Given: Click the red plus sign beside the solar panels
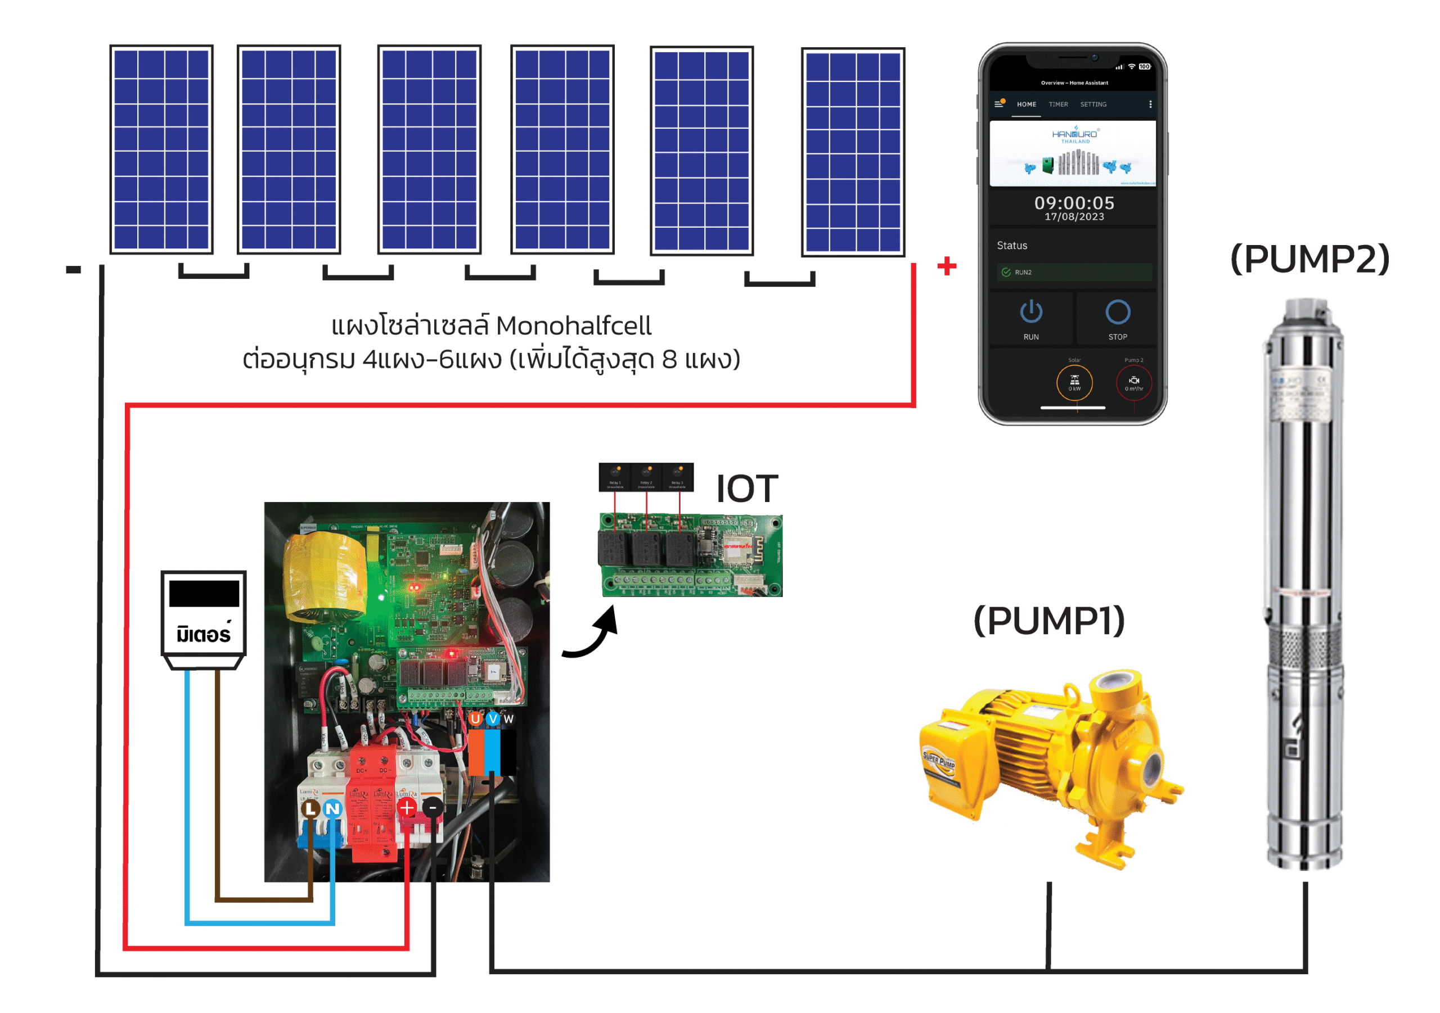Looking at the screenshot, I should click(947, 266).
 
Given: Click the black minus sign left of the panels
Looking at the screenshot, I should click(73, 269).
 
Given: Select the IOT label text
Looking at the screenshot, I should click(746, 489).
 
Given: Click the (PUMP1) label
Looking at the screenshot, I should click(1048, 621).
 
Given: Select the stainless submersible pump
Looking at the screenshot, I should click(1304, 583).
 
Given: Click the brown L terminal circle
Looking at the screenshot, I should click(310, 808).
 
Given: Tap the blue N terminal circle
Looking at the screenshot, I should click(332, 808).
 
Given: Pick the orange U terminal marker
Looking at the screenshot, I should click(475, 718).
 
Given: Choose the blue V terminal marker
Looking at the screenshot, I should click(492, 718).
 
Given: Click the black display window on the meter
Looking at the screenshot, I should click(204, 593).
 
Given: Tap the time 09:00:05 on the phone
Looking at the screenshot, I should click(1074, 203).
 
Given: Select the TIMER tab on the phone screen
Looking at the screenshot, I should click(1058, 105).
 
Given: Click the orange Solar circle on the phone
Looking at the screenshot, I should click(1074, 382).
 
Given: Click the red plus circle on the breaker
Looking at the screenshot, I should click(407, 807).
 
